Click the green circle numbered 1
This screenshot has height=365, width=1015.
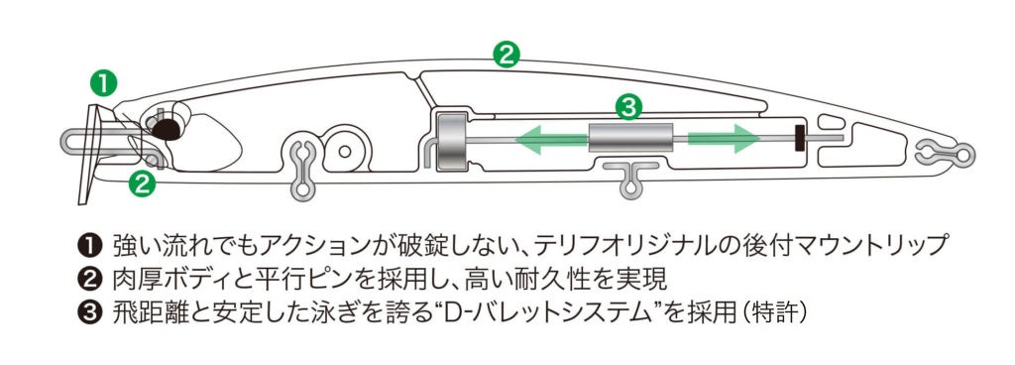(x=104, y=84)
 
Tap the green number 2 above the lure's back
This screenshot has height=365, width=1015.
(x=507, y=55)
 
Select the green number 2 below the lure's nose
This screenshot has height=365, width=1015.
(x=143, y=183)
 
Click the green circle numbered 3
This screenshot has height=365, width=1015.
(x=627, y=107)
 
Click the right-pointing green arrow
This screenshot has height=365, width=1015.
(x=724, y=140)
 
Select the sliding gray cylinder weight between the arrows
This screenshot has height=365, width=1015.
(x=630, y=139)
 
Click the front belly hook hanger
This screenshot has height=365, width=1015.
(x=302, y=167)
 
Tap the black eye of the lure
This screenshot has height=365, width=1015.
(x=167, y=129)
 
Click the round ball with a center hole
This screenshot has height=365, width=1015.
(x=345, y=151)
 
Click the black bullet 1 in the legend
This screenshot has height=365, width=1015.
(x=87, y=246)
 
